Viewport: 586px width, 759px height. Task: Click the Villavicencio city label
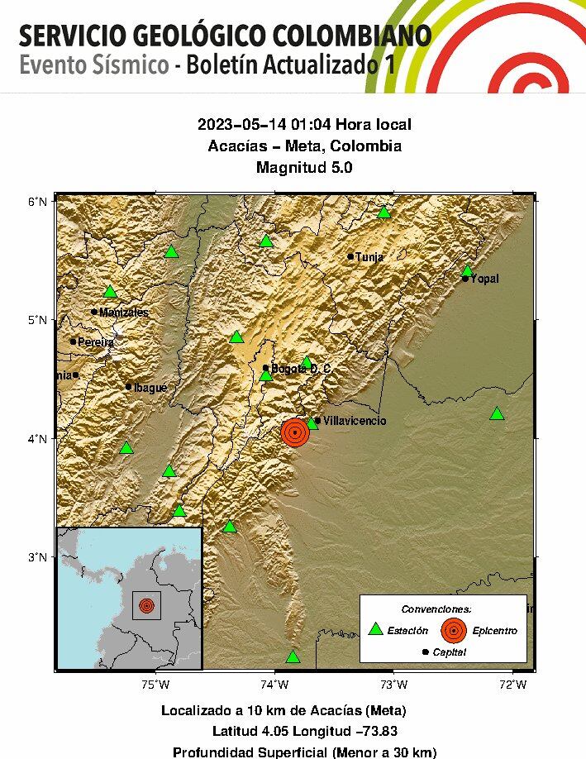click(354, 421)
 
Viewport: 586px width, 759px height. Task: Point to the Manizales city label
click(124, 313)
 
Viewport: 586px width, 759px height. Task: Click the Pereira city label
click(96, 341)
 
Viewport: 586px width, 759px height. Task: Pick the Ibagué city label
click(150, 387)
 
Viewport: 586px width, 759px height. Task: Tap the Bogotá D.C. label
click(301, 369)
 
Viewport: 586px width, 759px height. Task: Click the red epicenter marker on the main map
click(294, 432)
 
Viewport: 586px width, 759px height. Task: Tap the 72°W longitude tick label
click(513, 684)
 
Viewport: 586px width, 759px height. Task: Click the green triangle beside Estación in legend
click(376, 629)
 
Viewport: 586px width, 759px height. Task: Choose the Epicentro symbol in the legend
click(452, 630)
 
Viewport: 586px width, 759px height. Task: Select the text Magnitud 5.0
click(304, 168)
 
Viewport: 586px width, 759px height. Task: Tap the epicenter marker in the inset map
click(146, 606)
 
